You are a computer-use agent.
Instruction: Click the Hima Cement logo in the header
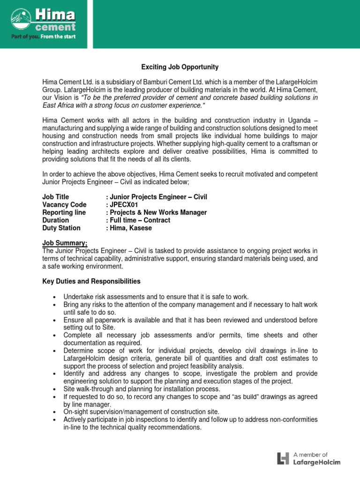click(x=43, y=19)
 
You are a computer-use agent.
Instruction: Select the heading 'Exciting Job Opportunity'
click(x=180, y=67)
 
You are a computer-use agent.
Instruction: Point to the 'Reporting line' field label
click(x=64, y=212)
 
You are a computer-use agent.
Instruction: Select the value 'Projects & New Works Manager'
click(x=158, y=212)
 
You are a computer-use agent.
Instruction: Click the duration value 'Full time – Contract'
click(x=139, y=220)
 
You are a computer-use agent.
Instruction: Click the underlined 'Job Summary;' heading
click(x=65, y=243)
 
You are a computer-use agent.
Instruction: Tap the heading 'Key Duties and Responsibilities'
click(x=91, y=281)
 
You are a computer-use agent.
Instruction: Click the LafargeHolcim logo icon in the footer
click(x=283, y=458)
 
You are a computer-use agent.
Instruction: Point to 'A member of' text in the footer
click(x=310, y=454)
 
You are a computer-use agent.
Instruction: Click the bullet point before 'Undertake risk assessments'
click(x=55, y=297)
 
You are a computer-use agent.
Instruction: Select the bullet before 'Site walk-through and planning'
click(x=55, y=389)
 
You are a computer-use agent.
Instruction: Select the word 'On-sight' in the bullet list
click(x=76, y=412)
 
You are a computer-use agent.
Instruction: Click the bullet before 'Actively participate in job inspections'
click(x=55, y=420)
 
